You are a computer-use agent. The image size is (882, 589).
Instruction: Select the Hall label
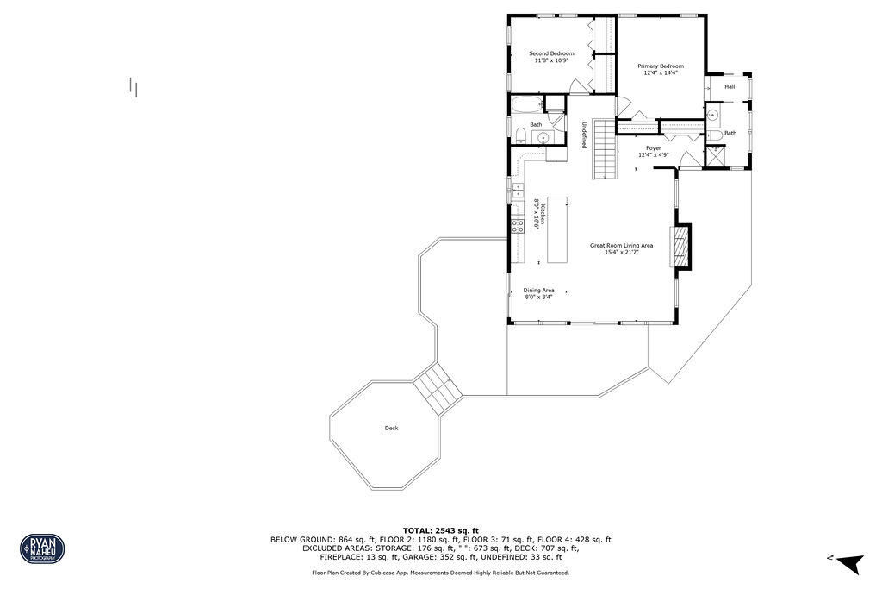tap(730, 87)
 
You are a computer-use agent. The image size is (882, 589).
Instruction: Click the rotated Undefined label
tap(585, 135)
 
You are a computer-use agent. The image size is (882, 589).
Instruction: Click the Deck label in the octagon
tap(392, 429)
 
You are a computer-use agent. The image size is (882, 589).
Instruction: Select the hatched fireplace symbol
tap(679, 246)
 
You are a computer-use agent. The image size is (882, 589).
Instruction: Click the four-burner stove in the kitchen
tap(518, 226)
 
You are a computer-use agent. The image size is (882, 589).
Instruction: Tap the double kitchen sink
tap(518, 191)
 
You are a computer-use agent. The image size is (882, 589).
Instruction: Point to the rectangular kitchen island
tap(557, 229)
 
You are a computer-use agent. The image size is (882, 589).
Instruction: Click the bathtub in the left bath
tap(527, 104)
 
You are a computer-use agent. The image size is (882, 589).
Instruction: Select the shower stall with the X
tap(716, 156)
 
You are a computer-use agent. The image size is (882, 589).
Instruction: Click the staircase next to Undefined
tap(605, 149)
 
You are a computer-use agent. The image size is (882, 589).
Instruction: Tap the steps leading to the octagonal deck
tap(438, 389)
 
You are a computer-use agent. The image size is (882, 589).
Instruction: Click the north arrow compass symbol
tap(848, 562)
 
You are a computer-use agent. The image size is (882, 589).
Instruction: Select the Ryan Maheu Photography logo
tap(43, 548)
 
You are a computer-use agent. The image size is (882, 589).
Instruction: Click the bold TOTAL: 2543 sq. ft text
tap(440, 530)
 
